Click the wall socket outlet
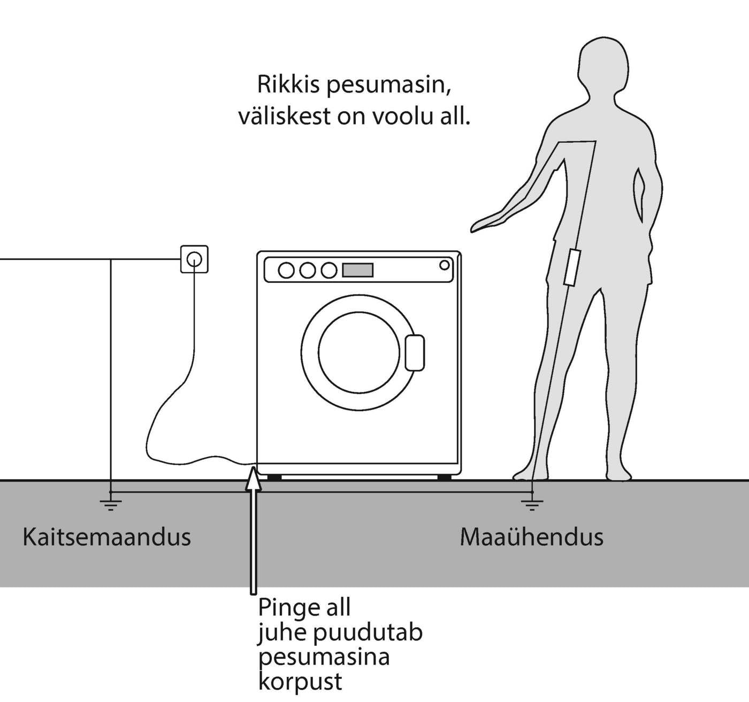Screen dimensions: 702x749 tap(194, 259)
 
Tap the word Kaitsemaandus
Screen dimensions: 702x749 tap(106, 537)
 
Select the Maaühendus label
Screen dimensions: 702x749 tap(531, 537)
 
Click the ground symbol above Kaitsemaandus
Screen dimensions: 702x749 tap(110, 503)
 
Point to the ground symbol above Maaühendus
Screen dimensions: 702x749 tap(532, 503)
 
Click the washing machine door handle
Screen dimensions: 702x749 tap(415, 352)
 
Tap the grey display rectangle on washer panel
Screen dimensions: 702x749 tap(357, 270)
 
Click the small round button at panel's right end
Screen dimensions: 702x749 tap(444, 265)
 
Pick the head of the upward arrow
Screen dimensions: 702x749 tap(253, 477)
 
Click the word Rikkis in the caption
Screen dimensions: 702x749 tap(289, 85)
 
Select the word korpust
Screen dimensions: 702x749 tap(300, 682)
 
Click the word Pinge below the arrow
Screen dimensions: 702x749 tap(284, 608)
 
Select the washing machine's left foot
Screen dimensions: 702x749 tap(274, 477)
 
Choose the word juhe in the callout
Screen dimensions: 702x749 tap(282, 633)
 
